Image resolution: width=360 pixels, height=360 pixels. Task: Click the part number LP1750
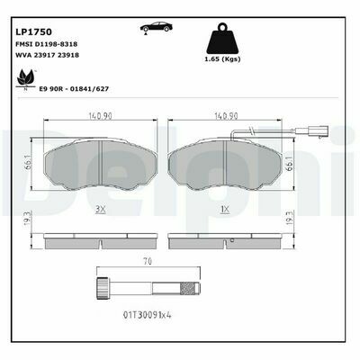[33, 31]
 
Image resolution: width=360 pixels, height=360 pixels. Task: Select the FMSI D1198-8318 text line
[46, 44]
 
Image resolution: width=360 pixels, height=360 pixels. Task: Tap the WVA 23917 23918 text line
[47, 55]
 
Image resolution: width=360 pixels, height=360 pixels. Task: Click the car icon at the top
[157, 28]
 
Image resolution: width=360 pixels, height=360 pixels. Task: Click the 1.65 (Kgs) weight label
[222, 59]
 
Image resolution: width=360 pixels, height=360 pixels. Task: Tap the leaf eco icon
[26, 78]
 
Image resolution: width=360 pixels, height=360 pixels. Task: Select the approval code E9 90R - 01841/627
[74, 89]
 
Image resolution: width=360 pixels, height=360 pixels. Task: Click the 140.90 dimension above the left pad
[100, 116]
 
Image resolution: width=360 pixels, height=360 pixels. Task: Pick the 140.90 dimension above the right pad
[225, 116]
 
